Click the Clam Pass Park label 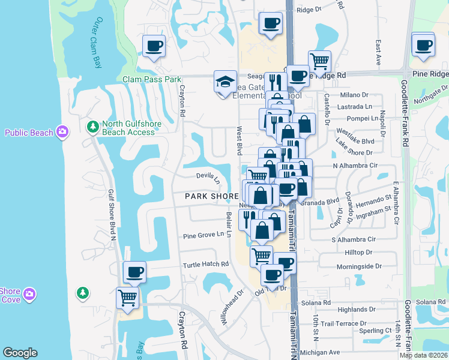(152, 79)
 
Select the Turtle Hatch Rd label (206, 264)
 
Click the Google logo (20, 353)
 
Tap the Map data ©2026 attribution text (423, 355)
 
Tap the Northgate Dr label (428, 94)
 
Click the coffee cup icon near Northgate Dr (423, 44)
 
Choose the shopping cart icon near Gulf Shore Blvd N (128, 297)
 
